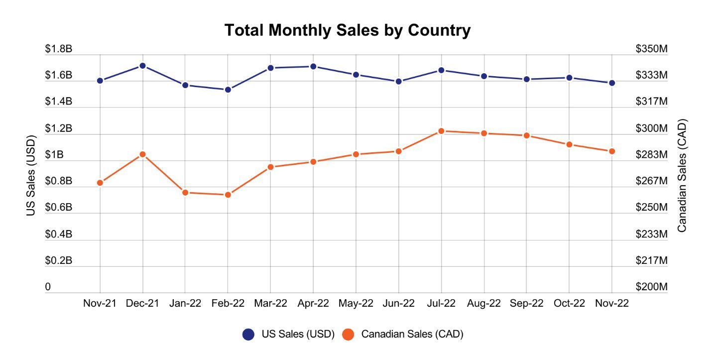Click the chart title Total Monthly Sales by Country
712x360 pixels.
point(347,30)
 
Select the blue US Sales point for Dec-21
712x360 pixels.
point(142,66)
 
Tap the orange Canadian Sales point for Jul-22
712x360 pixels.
point(441,131)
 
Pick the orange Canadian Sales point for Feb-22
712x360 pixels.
point(228,195)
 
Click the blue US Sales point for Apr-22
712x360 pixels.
point(313,66)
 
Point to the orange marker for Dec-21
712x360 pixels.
point(142,154)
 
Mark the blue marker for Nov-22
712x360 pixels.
point(611,83)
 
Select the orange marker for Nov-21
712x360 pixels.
point(100,183)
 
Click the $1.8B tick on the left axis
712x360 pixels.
point(59,49)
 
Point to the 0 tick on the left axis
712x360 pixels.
point(48,287)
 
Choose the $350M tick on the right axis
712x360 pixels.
point(651,49)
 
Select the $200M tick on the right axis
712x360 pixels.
point(651,287)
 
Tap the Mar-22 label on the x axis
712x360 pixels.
point(270,304)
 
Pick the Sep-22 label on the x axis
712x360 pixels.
point(526,304)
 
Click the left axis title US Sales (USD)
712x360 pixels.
point(31,175)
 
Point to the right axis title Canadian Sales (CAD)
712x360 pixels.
point(682,175)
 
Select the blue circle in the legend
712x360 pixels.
point(248,335)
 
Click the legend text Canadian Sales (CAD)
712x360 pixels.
point(412,335)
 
